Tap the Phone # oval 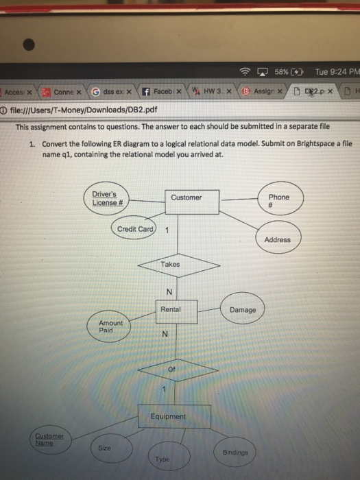[278, 200]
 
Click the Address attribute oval [277, 240]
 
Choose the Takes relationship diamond [171, 265]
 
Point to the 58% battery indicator [288, 71]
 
